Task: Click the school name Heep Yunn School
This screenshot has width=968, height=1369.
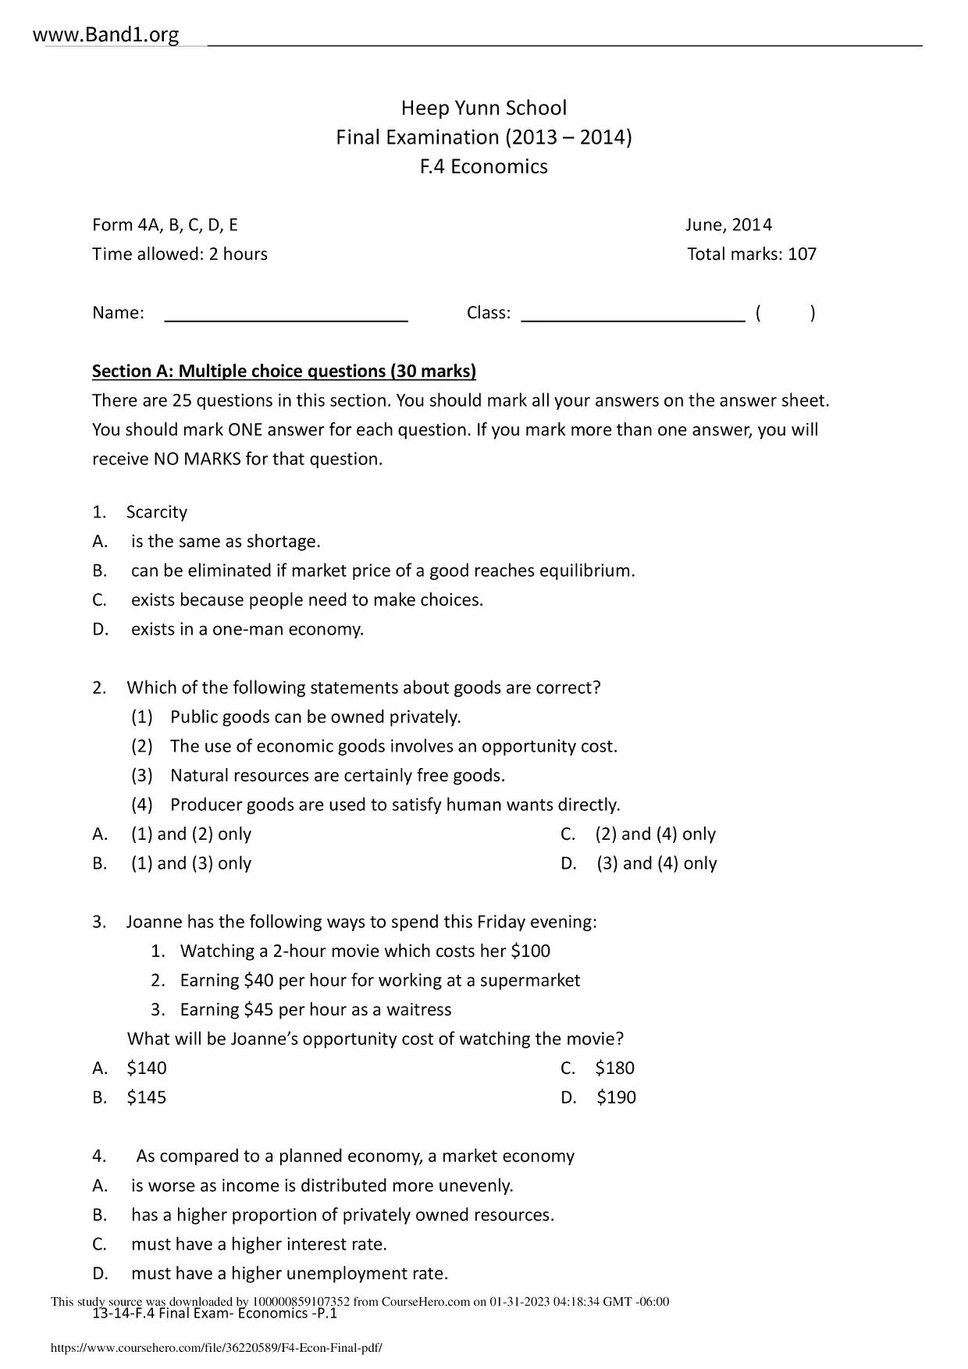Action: tap(483, 108)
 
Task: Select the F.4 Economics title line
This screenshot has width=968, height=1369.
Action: tap(483, 166)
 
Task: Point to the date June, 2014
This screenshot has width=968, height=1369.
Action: tap(728, 226)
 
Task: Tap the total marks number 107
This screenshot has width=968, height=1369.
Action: tap(802, 254)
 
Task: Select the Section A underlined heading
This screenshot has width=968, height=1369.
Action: tap(284, 371)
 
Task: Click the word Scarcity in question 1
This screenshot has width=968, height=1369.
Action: tap(157, 512)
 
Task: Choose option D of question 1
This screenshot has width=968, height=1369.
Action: tap(247, 629)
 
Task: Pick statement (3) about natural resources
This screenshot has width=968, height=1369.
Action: tap(337, 776)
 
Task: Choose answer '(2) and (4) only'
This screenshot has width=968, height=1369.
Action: tap(655, 834)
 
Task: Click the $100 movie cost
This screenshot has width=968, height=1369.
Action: tap(530, 951)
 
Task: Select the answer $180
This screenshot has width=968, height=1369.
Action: tap(614, 1069)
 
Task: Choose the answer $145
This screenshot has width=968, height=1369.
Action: tap(147, 1097)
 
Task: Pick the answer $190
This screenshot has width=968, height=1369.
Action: tap(616, 1097)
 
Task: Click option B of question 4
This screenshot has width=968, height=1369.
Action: tap(342, 1215)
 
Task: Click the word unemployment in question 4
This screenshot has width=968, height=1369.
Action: tap(337, 1274)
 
